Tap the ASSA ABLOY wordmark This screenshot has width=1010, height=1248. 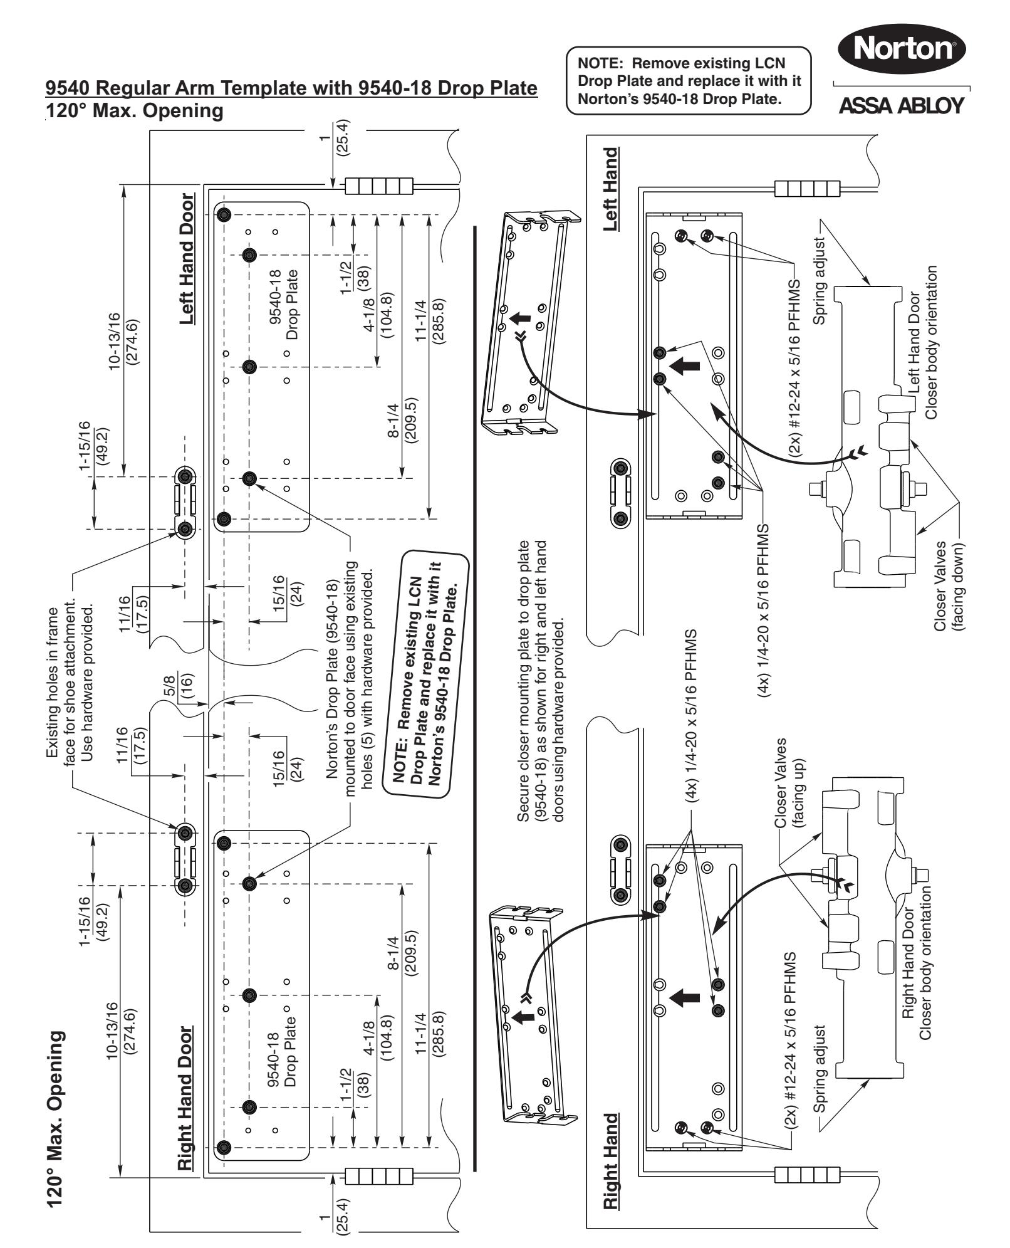click(x=900, y=106)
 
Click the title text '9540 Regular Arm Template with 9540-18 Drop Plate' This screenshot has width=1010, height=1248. click(x=292, y=88)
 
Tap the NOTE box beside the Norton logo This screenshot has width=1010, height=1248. click(x=688, y=81)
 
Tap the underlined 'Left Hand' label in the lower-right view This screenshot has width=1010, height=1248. click(x=612, y=189)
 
